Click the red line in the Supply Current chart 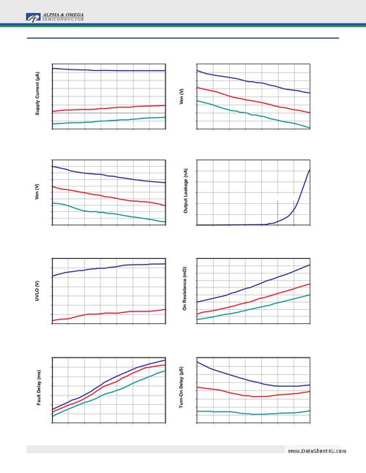pos(110,107)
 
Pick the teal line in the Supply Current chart pos(110,120)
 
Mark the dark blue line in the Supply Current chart pos(110,70)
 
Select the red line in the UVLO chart pos(110,313)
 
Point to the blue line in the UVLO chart pos(110,268)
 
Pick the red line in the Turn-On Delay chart pos(256,396)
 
